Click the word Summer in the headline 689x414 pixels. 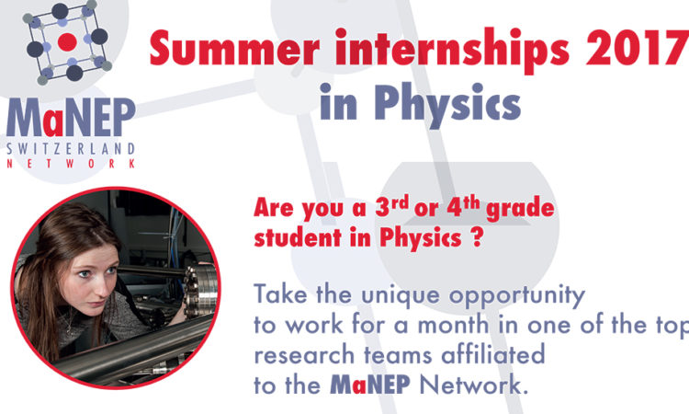(234, 48)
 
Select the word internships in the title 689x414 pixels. (453, 51)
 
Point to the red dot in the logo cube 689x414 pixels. (67, 42)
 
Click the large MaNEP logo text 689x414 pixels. (71, 118)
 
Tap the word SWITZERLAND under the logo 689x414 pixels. (71, 149)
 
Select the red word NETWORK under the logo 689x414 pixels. (71, 164)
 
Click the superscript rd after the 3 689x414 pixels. (401, 203)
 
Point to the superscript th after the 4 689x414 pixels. (471, 203)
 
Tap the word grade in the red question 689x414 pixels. (520, 209)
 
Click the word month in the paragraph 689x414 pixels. (453, 325)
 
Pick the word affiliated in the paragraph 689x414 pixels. (492, 354)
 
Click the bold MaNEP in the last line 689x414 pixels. (370, 385)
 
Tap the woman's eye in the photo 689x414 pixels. (84, 274)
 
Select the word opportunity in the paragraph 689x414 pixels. (516, 296)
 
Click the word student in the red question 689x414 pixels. (298, 238)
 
